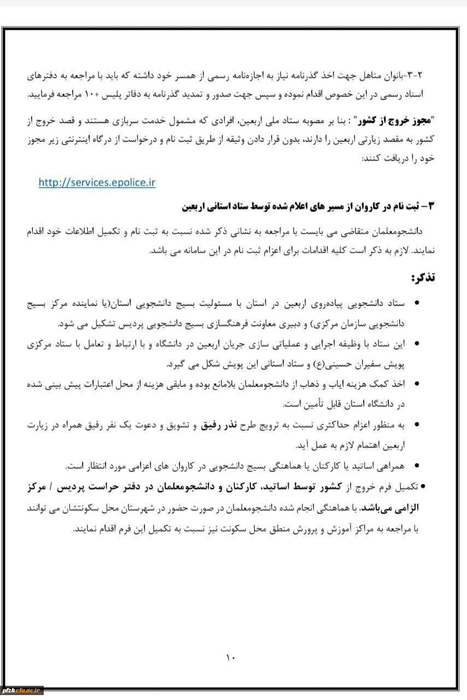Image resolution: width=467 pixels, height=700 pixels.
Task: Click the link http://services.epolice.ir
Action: point(97,183)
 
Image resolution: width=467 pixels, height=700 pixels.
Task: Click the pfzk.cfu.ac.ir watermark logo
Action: point(22,691)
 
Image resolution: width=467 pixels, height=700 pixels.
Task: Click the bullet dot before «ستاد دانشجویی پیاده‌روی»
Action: point(418,303)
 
